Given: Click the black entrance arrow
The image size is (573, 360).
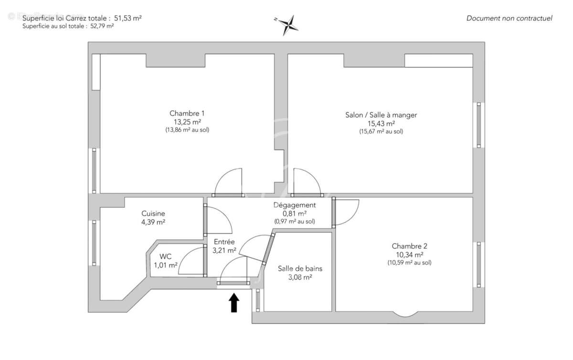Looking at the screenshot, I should (x=234, y=303).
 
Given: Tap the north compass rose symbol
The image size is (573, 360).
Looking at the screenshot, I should (x=288, y=25).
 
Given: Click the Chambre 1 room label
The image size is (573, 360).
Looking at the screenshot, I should (x=187, y=113).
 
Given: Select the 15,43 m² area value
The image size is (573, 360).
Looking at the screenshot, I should (x=381, y=123).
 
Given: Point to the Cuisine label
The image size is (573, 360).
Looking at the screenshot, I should (x=153, y=213).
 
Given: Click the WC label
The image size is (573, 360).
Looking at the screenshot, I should (x=165, y=256).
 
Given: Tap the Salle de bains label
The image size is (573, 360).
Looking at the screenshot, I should (x=300, y=268).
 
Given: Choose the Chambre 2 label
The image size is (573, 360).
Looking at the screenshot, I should (x=409, y=246).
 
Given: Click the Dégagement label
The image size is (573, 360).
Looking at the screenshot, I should (x=295, y=205).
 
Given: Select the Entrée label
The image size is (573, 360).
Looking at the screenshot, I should (x=224, y=242).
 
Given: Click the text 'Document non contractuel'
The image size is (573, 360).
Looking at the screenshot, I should (x=509, y=18).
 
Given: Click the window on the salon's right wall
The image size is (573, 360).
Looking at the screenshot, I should (x=479, y=125).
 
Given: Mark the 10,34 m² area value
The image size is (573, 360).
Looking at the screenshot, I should (x=409, y=254).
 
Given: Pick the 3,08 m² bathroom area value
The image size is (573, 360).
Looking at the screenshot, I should (x=300, y=277).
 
